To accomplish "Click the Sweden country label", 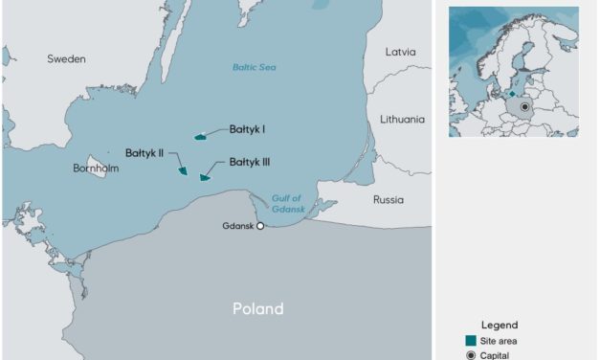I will point(66,59).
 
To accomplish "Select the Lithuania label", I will point(402,120).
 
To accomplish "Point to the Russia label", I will point(389,200).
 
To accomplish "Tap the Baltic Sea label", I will point(254,67).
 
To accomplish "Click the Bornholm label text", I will point(96,169).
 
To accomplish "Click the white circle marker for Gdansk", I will point(260,227).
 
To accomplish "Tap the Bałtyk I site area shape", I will point(201,137).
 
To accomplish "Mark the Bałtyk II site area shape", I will point(183,169).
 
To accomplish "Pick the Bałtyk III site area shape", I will point(204,177).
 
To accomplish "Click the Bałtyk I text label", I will point(247,128).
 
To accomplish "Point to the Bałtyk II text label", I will point(144,151).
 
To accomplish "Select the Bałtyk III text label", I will point(250,163).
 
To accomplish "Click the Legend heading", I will point(499,325).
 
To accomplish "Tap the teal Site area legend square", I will point(470,341).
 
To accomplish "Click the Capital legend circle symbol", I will point(470,355).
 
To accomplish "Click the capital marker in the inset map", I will point(524,107).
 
